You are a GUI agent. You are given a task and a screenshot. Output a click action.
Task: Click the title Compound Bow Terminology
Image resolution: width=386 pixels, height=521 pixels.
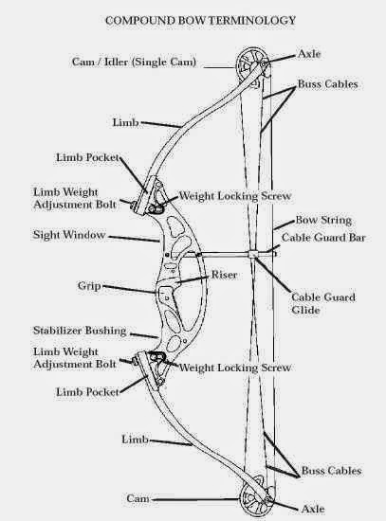(200, 21)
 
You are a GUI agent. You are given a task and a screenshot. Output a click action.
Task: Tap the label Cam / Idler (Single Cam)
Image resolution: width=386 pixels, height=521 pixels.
(134, 62)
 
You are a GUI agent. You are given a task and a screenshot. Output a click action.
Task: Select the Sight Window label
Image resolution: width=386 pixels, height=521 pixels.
(69, 235)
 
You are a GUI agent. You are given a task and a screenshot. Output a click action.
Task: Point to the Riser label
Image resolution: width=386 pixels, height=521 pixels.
(224, 275)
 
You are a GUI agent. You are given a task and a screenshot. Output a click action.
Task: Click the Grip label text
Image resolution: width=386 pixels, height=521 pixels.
(89, 286)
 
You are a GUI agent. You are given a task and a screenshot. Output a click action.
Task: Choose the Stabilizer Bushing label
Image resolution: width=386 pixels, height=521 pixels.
(80, 331)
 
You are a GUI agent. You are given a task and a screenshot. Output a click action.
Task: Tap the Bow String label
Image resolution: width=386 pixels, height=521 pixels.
(323, 220)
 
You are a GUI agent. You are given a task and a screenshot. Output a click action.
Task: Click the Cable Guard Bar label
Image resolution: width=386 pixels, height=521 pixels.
(323, 238)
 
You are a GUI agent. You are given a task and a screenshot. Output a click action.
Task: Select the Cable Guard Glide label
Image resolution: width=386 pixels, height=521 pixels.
(323, 303)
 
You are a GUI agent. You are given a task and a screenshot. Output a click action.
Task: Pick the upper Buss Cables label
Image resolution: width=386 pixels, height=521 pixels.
(328, 83)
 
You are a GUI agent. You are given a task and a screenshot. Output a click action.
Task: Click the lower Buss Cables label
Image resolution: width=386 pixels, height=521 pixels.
(331, 471)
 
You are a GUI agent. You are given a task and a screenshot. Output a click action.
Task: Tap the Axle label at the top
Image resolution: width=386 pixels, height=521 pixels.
(309, 53)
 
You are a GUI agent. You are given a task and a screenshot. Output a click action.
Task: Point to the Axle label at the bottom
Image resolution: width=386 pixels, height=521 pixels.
(313, 509)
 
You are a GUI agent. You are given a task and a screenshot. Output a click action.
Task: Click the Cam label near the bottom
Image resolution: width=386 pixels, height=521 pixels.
(138, 498)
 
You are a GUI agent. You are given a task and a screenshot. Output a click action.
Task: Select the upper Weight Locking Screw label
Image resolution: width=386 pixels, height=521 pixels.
(235, 196)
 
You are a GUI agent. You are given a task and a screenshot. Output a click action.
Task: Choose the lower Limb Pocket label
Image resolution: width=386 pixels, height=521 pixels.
(87, 392)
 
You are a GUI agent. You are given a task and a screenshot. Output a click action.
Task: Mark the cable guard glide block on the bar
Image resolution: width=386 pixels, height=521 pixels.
(253, 254)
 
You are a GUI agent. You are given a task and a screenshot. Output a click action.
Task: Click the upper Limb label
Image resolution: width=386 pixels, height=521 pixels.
(125, 122)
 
